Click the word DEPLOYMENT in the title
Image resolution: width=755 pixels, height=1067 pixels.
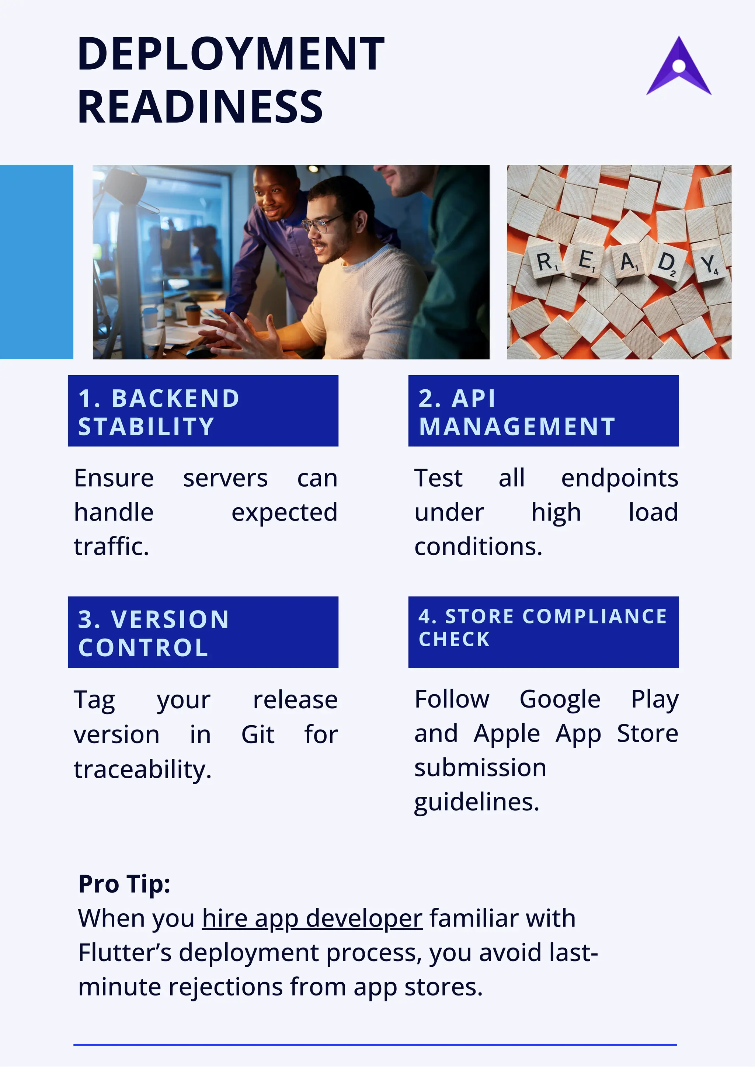[231, 55]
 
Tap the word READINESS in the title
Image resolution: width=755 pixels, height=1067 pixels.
[200, 107]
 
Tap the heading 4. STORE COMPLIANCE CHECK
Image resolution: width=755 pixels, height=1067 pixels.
[543, 628]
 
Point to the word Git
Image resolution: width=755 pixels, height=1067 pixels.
[258, 734]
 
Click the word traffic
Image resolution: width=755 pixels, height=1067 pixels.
[111, 546]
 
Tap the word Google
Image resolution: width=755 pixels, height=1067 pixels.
[560, 700]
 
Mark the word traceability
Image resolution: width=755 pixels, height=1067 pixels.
[143, 769]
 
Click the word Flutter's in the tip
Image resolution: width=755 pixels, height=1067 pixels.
[125, 953]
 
